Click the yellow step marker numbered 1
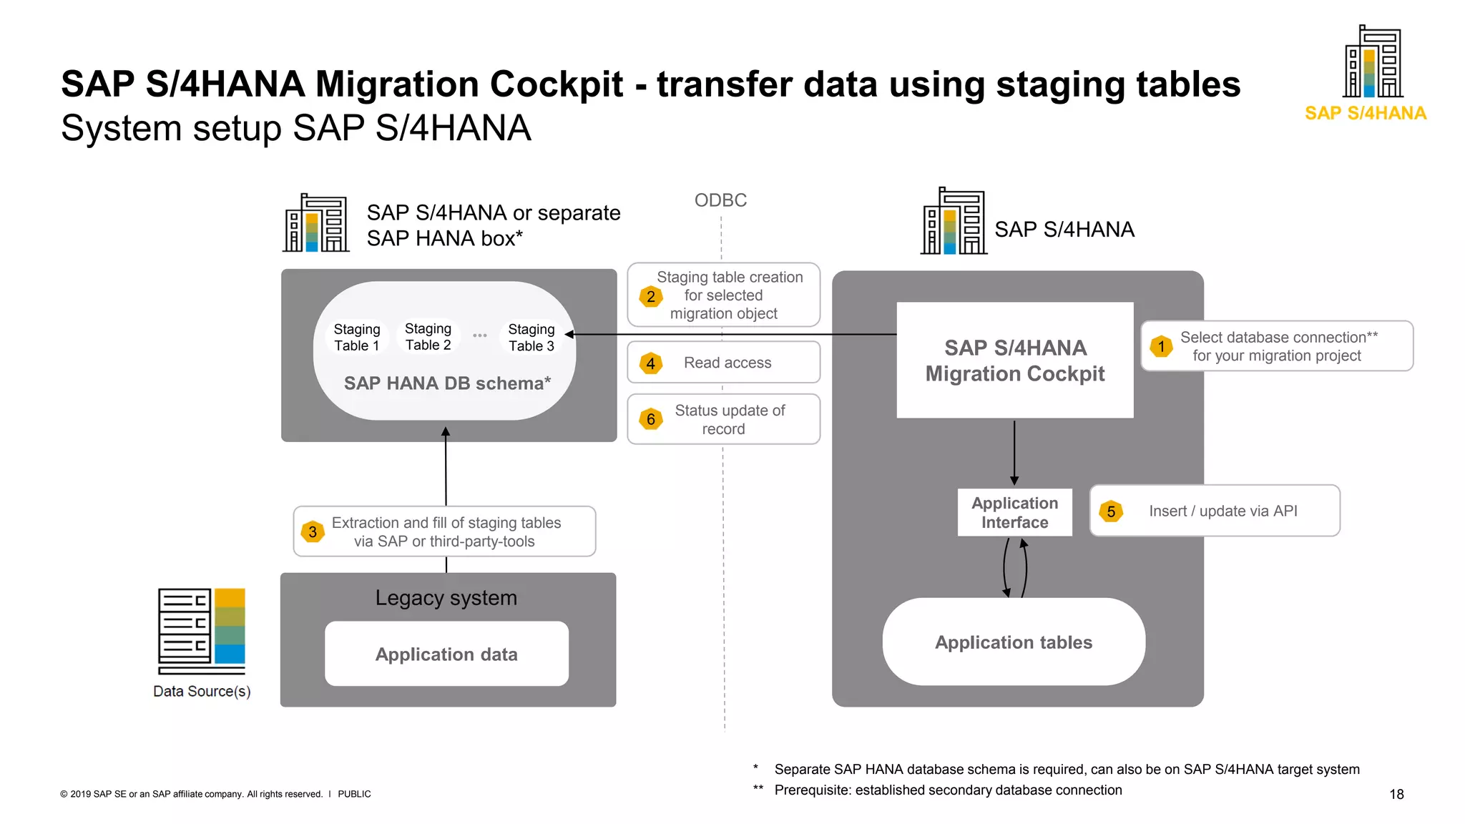1161,347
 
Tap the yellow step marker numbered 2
651,296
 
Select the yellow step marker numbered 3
313,531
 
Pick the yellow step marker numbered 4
651,363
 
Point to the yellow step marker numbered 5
1111,511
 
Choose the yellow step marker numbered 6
651,419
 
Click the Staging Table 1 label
356,337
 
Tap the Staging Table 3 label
531,337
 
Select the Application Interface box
1014,512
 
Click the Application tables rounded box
1014,642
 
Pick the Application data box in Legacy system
446,654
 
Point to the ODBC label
720,200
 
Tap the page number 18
1396,794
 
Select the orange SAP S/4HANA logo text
1365,113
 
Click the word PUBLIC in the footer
354,794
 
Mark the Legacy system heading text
446,597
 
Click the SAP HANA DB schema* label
447,383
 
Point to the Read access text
727,363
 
